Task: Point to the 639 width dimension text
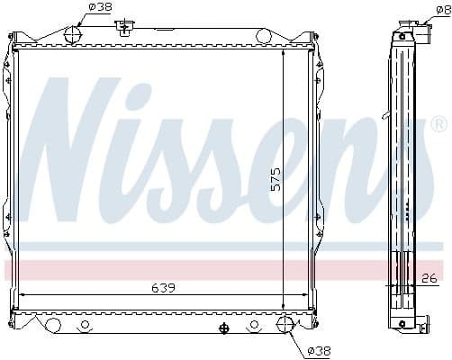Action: (x=162, y=287)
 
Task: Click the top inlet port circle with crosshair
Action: (x=74, y=36)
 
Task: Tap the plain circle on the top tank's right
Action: (x=263, y=36)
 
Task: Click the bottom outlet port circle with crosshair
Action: (x=285, y=324)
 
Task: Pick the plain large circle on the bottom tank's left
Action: (x=54, y=324)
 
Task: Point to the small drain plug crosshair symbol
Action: (x=223, y=326)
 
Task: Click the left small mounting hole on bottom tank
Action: (x=86, y=325)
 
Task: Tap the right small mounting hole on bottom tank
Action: (x=257, y=325)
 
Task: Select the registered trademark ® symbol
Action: (x=438, y=123)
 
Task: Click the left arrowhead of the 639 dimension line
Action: (x=23, y=294)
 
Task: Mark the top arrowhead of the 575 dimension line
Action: (x=285, y=52)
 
